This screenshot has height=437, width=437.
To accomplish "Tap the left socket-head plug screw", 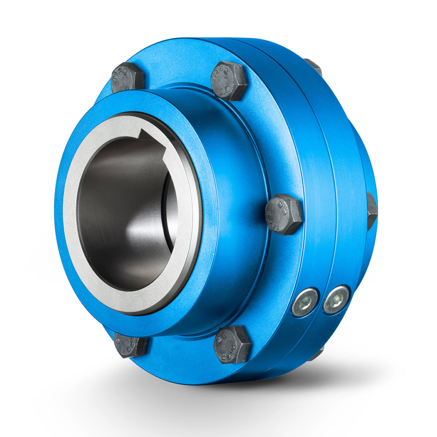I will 305,302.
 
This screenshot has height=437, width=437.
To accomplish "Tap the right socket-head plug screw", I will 336,300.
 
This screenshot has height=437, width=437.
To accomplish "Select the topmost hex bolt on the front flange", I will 230,81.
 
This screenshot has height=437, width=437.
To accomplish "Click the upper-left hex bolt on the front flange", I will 128,78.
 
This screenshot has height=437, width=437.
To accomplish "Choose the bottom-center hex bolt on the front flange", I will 232,344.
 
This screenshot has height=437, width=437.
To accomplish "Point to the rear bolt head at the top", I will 314,67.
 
